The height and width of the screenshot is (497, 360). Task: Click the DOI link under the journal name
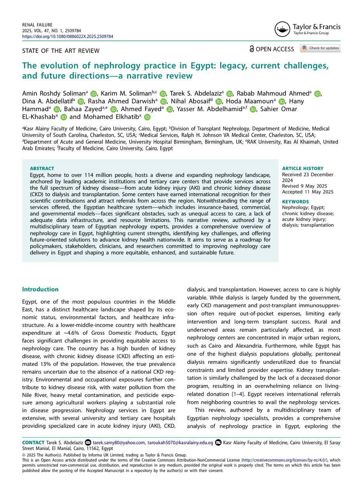pyautogui.click(x=68, y=36)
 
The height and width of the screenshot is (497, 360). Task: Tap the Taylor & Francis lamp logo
pyautogui.click(x=282, y=30)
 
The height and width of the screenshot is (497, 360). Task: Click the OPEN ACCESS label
pyautogui.click(x=271, y=49)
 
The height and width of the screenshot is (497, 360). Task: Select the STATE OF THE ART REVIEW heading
pyautogui.click(x=61, y=51)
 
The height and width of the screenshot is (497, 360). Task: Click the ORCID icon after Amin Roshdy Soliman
pyautogui.click(x=93, y=94)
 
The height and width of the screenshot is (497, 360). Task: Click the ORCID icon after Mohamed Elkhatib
pyautogui.click(x=147, y=117)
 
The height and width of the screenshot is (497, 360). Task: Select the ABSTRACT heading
pyautogui.click(x=42, y=169)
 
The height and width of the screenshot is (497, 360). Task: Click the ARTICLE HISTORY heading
pyautogui.click(x=303, y=169)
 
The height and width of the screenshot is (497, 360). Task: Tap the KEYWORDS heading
pyautogui.click(x=295, y=202)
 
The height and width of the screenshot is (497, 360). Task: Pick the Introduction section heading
pyautogui.click(x=40, y=289)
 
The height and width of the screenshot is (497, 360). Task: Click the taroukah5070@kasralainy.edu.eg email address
pyautogui.click(x=180, y=443)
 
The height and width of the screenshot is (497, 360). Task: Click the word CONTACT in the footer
pyautogui.click(x=33, y=443)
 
